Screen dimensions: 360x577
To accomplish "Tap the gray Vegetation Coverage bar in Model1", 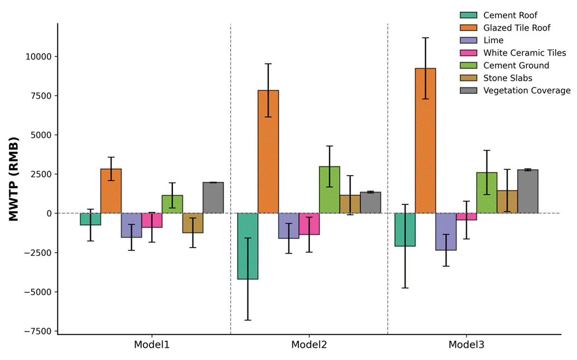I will [x=213, y=197].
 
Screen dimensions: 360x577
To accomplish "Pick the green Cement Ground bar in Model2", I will [x=329, y=190].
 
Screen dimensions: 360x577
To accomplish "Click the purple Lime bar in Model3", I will [x=446, y=232].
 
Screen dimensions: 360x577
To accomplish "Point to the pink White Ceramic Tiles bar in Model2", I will [x=309, y=224].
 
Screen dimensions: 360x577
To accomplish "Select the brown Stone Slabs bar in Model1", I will [x=193, y=223].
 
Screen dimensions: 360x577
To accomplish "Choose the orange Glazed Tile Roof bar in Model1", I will [x=111, y=191].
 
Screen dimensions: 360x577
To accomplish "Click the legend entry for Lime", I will [x=493, y=40].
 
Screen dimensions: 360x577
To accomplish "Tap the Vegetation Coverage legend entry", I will [x=526, y=91].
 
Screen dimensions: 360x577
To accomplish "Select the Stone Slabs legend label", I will [x=507, y=78].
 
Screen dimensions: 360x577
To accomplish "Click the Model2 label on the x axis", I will [x=309, y=345].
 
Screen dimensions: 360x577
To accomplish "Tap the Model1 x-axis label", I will [x=152, y=345].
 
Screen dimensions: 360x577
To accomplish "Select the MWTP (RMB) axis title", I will [x=14, y=179].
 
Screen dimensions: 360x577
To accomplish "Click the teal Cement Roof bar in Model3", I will [x=405, y=230].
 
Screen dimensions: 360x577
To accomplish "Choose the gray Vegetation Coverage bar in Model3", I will [x=528, y=191].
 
